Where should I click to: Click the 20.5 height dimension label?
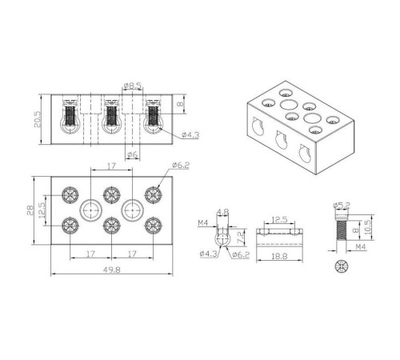(x=38, y=119)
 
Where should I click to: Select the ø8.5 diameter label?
(x=133, y=86)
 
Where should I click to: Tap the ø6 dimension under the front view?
(x=133, y=154)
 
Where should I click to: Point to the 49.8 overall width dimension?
(x=112, y=270)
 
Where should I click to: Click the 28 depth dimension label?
(x=30, y=210)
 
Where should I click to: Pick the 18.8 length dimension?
(x=279, y=256)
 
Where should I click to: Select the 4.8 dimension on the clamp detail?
(x=222, y=212)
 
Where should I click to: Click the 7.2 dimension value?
(x=240, y=236)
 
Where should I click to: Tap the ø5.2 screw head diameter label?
(x=342, y=206)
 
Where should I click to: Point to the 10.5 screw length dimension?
(x=368, y=227)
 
